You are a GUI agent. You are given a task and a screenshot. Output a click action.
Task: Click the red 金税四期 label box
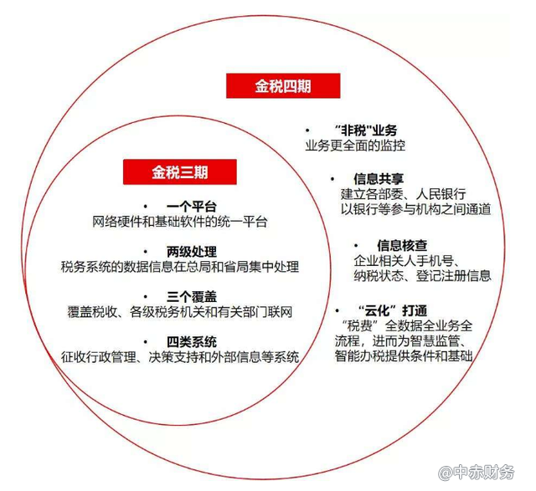283,85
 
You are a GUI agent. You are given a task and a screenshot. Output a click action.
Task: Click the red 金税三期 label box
180,171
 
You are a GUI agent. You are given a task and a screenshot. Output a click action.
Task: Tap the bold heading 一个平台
192,207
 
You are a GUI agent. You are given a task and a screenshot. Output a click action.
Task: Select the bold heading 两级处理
192,252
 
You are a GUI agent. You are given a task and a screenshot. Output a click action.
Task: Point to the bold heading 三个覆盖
192,297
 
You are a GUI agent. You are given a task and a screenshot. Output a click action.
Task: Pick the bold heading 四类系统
192,342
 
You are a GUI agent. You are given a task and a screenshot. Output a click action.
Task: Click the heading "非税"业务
366,130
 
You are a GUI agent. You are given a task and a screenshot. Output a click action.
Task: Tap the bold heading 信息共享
379,179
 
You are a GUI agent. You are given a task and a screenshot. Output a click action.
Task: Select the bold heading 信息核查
402,245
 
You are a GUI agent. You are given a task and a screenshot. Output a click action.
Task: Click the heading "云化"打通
393,310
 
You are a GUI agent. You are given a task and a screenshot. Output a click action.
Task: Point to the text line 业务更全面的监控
355,146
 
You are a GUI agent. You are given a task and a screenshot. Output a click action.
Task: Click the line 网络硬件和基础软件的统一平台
180,222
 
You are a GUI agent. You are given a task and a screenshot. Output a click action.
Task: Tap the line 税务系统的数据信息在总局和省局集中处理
180,267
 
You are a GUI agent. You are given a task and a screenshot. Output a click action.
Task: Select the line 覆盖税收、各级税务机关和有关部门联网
180,312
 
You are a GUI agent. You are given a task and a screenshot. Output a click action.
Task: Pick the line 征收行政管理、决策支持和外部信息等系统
180,357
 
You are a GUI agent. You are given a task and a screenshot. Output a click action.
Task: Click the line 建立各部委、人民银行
404,194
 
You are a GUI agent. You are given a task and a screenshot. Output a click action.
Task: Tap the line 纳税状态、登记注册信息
422,275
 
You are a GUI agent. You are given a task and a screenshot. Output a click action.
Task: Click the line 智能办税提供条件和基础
404,355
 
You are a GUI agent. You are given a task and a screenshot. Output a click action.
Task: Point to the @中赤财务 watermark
477,473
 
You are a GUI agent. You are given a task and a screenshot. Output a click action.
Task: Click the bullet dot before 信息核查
356,246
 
